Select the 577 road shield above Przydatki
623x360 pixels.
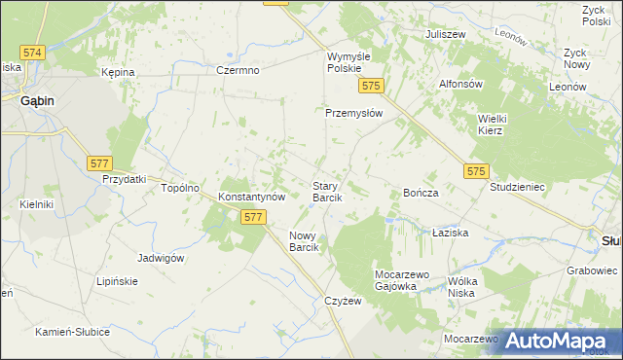[99, 163]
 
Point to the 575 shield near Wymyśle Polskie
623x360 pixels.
[369, 87]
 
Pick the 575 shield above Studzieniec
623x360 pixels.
[475, 171]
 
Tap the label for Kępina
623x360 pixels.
[117, 73]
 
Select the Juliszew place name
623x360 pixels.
[445, 34]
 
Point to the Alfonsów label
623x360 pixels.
[461, 84]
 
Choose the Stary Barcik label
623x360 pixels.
[325, 191]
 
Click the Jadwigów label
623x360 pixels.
[162, 258]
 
